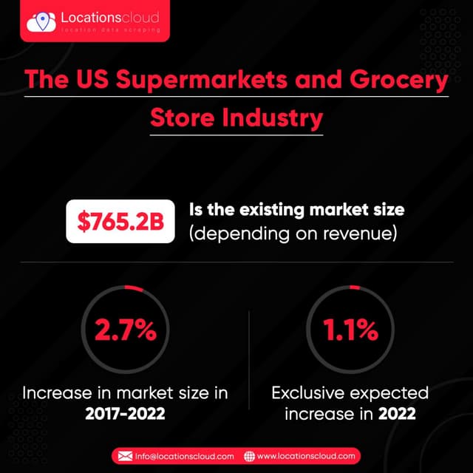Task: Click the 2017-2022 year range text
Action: [124, 414]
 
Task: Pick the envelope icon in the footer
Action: [123, 456]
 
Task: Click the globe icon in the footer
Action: [249, 456]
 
